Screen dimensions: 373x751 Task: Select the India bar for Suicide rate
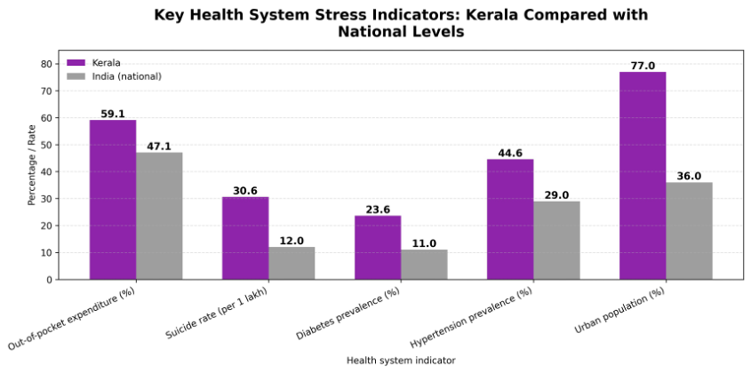point(292,263)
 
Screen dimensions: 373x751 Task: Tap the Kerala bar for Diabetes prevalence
point(378,248)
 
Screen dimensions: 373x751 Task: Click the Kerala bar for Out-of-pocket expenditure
point(113,200)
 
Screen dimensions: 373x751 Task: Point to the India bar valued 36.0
point(689,231)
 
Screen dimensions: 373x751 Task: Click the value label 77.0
point(643,66)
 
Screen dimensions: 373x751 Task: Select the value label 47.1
point(159,147)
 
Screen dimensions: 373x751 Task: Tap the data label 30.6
point(245,191)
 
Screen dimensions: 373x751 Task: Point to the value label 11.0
point(424,243)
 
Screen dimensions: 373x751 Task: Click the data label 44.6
point(510,153)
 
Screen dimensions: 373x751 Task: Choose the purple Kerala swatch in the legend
point(76,63)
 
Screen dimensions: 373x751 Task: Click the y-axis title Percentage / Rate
point(32,166)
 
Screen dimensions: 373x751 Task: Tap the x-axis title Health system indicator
point(401,360)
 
